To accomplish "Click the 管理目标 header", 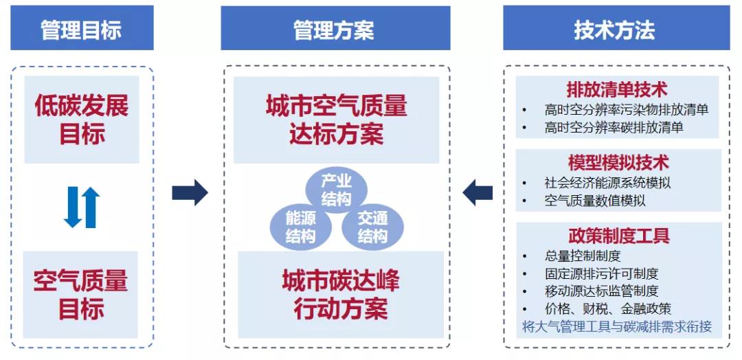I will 82,29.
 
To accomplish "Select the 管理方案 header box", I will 335,29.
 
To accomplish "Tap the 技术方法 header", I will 616,29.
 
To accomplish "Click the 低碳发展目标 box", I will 82,120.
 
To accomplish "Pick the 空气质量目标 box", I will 82,295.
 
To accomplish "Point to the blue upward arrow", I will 91,207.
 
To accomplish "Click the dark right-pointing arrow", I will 190,192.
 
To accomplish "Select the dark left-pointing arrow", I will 478,192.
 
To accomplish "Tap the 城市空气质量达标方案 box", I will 336,120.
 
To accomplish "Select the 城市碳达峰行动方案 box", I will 340,294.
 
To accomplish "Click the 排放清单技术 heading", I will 617,89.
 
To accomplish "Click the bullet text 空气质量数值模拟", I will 595,201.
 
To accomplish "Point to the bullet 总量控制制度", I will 583,256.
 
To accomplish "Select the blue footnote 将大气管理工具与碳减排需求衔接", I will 616,326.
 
